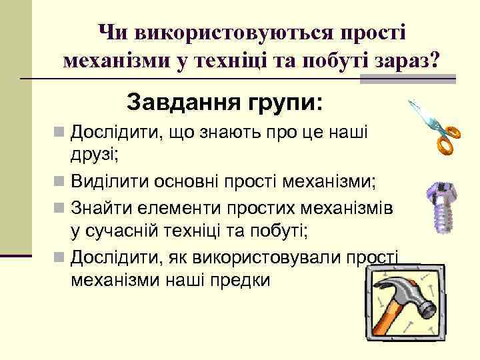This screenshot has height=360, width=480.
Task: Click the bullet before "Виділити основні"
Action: (61, 181)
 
